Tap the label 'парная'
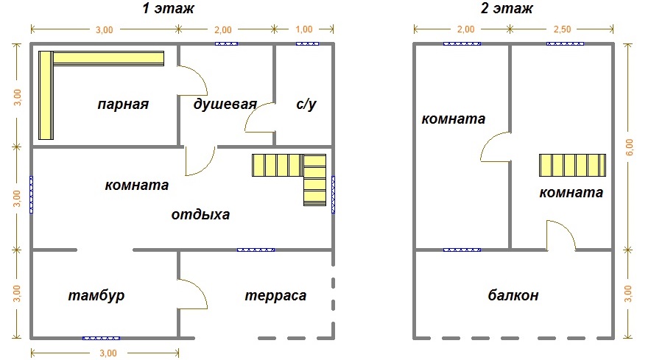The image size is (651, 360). click(123, 105)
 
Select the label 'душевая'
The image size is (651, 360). click(225, 104)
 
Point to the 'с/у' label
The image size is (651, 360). click(306, 105)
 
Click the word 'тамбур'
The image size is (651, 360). click(96, 296)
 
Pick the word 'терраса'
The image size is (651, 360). click(275, 296)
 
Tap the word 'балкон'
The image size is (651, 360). click(513, 296)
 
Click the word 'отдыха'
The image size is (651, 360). click(200, 216)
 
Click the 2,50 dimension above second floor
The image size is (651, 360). click(562, 29)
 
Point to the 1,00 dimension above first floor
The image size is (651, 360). click(303, 29)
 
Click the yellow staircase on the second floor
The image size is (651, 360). click(572, 166)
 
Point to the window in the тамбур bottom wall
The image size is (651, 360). click(101, 338)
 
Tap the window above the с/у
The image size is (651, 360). click(307, 43)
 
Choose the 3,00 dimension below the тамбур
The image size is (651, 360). click(108, 353)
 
